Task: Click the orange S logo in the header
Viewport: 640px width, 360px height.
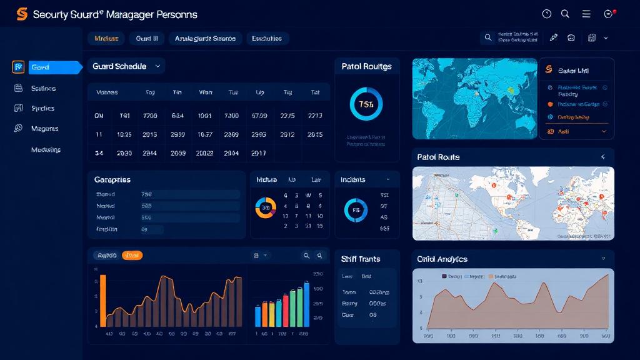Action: coord(22,14)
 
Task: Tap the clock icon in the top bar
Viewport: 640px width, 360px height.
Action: coord(547,14)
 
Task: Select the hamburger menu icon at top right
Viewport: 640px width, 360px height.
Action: coord(586,14)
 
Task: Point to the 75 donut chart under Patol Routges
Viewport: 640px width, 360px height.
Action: coord(366,104)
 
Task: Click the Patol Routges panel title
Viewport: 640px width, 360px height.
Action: coord(366,66)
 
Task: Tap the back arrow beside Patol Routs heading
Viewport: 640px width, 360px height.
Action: coord(603,157)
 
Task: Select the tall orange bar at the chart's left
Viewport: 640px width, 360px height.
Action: coord(103,300)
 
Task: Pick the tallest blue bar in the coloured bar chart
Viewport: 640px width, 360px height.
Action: coord(306,304)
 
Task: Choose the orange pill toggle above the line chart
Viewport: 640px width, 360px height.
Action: coord(132,255)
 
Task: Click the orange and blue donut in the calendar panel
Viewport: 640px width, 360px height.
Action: coord(266,208)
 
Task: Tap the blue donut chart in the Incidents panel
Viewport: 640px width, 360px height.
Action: coord(356,210)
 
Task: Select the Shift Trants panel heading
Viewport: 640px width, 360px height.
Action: coord(361,259)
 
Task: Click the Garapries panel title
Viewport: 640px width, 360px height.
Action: coord(112,179)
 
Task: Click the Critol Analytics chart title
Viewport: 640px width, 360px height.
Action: coord(442,259)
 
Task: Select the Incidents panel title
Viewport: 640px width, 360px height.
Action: coord(353,179)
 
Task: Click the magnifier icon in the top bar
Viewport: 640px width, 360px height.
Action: coord(566,14)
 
